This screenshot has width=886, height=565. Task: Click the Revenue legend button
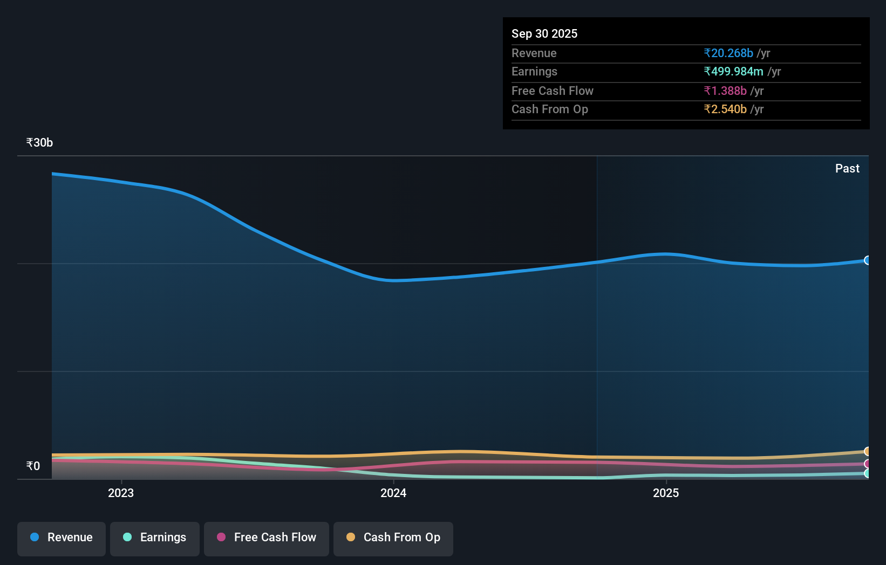point(62,538)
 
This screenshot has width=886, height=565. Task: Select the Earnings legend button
point(155,538)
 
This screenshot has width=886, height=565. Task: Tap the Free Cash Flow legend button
point(267,538)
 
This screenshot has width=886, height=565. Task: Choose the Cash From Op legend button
point(393,538)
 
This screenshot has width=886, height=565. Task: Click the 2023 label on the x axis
point(121,493)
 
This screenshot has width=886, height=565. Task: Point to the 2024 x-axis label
point(393,493)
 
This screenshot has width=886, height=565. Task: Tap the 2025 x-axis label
point(666,493)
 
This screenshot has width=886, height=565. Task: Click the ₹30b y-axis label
point(39,143)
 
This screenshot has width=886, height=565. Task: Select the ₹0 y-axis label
point(33,466)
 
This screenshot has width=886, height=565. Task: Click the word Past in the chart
point(847,169)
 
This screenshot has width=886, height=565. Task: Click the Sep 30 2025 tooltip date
point(544,34)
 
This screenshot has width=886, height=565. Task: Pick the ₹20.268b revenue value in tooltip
point(728,53)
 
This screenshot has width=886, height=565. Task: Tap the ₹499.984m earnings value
point(733,72)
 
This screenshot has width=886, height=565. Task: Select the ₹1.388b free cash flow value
point(725,91)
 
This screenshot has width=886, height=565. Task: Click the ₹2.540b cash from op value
point(725,109)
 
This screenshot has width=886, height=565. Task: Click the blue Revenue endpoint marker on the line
point(867,260)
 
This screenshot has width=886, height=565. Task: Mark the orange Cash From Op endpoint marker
point(867,451)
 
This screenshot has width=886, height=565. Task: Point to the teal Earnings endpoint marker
point(867,473)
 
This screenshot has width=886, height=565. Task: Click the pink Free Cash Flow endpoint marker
point(867,464)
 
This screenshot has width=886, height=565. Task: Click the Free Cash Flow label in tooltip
point(552,91)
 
